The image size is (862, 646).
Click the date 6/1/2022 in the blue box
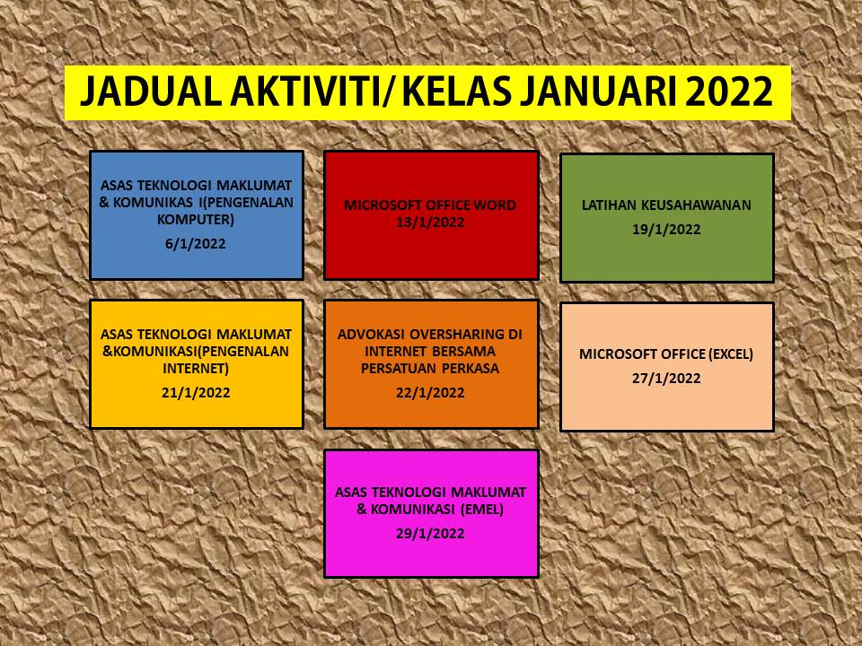(x=196, y=243)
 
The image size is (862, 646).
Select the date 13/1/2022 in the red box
(x=430, y=223)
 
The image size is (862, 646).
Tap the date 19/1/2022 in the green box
(x=666, y=229)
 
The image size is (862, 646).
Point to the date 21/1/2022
(x=196, y=393)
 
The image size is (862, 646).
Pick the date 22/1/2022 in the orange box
(x=430, y=393)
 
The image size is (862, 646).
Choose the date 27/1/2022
(x=666, y=379)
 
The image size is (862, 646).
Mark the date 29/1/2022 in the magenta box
(x=430, y=533)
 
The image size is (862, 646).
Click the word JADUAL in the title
(x=151, y=92)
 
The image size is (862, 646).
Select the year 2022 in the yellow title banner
(x=729, y=92)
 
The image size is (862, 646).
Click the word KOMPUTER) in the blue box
(x=196, y=220)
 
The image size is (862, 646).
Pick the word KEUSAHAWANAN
(x=696, y=205)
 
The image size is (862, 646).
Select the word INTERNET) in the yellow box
(x=196, y=369)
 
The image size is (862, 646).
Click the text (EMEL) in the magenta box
(x=482, y=510)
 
